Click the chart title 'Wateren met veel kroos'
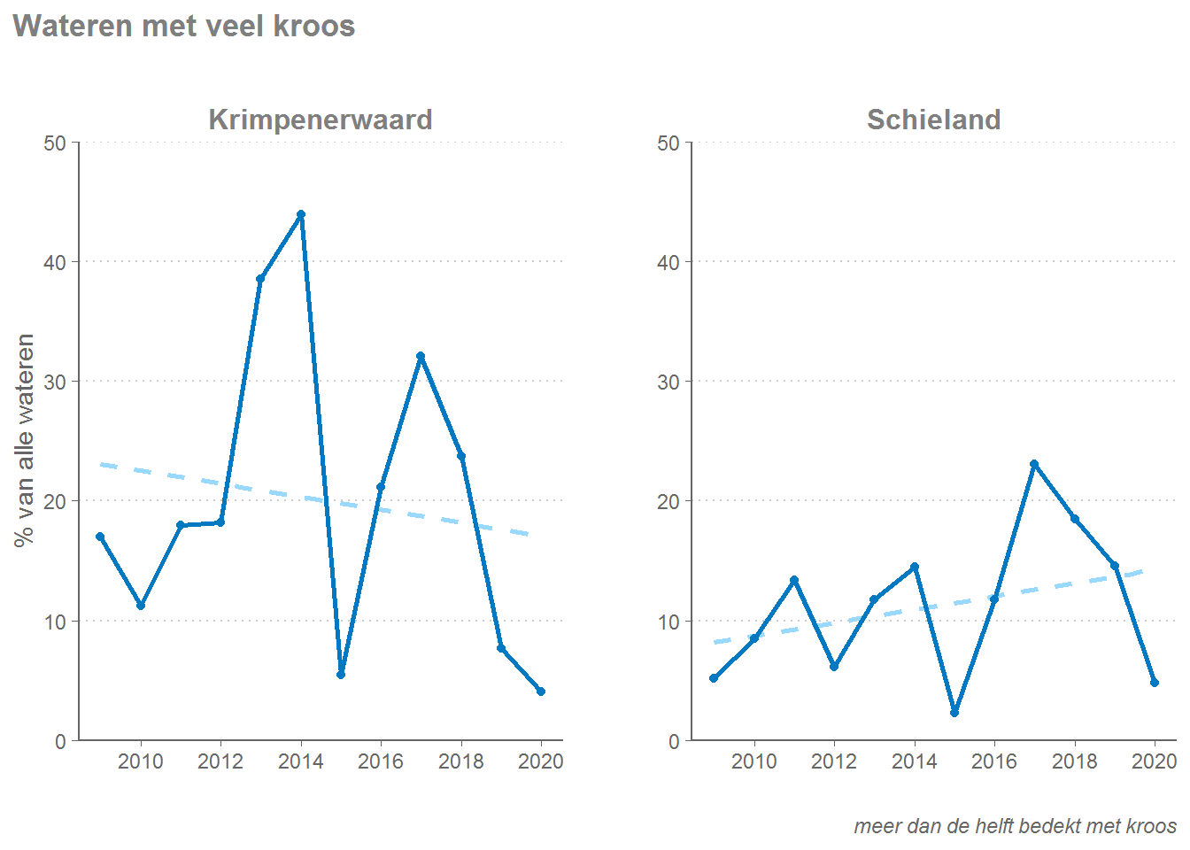[x=184, y=26]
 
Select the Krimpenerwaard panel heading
[x=320, y=120]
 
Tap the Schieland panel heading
[x=933, y=120]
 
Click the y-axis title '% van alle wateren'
[x=25, y=440]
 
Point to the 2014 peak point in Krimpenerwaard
[x=301, y=214]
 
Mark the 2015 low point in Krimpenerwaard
[x=341, y=675]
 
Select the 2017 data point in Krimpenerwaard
[x=421, y=356]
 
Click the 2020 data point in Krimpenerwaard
[x=541, y=692]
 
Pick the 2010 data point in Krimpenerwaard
[x=141, y=606]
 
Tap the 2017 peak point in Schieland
[x=1034, y=464]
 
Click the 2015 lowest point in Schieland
[x=954, y=713]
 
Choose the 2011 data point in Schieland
[x=794, y=580]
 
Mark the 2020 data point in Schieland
[x=1155, y=683]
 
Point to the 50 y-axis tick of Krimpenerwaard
[x=55, y=143]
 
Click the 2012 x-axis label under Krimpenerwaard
[x=220, y=761]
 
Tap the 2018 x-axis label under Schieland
[x=1074, y=761]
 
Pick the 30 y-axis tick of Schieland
[x=668, y=382]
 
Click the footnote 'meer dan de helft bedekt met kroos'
[x=1015, y=826]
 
